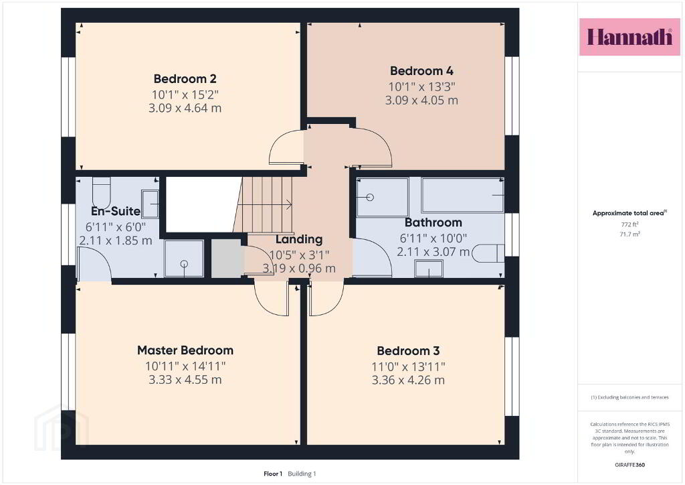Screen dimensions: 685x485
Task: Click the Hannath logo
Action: (x=629, y=37)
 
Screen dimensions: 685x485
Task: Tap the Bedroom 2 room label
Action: (x=185, y=79)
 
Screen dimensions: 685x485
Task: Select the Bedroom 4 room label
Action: (x=421, y=71)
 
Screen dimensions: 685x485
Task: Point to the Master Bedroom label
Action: (x=185, y=350)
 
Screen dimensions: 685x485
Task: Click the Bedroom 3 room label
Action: (x=408, y=351)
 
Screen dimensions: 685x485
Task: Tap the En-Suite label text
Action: (x=115, y=211)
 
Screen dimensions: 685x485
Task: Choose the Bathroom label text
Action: (x=433, y=222)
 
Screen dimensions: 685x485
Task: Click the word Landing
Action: (x=299, y=240)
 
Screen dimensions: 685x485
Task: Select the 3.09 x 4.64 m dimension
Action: (x=185, y=108)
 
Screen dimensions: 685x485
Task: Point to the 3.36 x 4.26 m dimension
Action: (x=408, y=380)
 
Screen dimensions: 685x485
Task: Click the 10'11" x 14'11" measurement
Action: (x=185, y=366)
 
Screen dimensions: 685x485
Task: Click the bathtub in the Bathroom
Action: (x=463, y=195)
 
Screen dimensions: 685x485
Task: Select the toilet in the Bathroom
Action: (x=488, y=253)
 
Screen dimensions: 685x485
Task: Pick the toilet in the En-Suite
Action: (x=102, y=187)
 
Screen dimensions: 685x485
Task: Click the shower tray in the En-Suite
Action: (x=184, y=259)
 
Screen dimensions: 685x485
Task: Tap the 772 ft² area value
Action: (x=629, y=224)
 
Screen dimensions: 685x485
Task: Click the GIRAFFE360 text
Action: (x=629, y=465)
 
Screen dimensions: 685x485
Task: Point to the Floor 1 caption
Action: (x=273, y=474)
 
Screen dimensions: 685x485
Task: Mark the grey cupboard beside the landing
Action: (x=227, y=258)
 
